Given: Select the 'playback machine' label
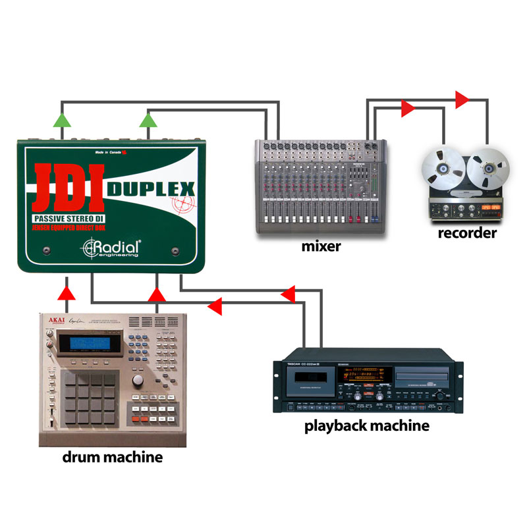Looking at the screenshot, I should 366,425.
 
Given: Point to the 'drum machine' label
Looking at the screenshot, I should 112,457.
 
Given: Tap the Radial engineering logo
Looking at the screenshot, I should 110,249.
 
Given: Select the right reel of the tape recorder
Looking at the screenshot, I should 489,167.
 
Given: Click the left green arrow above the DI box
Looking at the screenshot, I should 61,119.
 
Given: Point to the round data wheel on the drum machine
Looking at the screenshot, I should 138,382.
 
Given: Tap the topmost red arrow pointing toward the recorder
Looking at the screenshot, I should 462,99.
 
